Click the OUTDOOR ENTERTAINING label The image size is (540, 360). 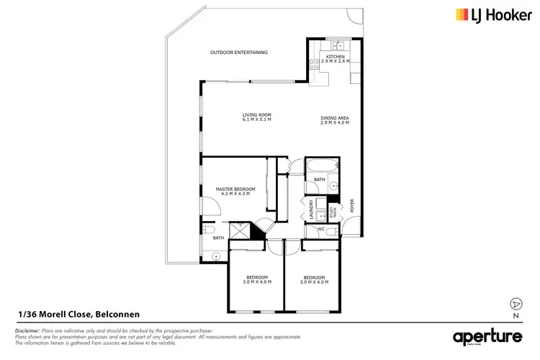click(x=239, y=53)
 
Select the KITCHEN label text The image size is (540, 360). click(x=336, y=56)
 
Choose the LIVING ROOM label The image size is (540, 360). click(x=256, y=115)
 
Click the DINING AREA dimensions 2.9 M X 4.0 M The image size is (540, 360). click(x=334, y=122)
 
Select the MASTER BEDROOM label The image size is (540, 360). click(x=235, y=189)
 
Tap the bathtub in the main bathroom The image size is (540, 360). click(x=320, y=170)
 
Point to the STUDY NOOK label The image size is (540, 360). click(x=332, y=212)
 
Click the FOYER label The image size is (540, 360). click(x=352, y=210)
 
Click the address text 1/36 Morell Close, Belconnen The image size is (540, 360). click(x=78, y=314)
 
